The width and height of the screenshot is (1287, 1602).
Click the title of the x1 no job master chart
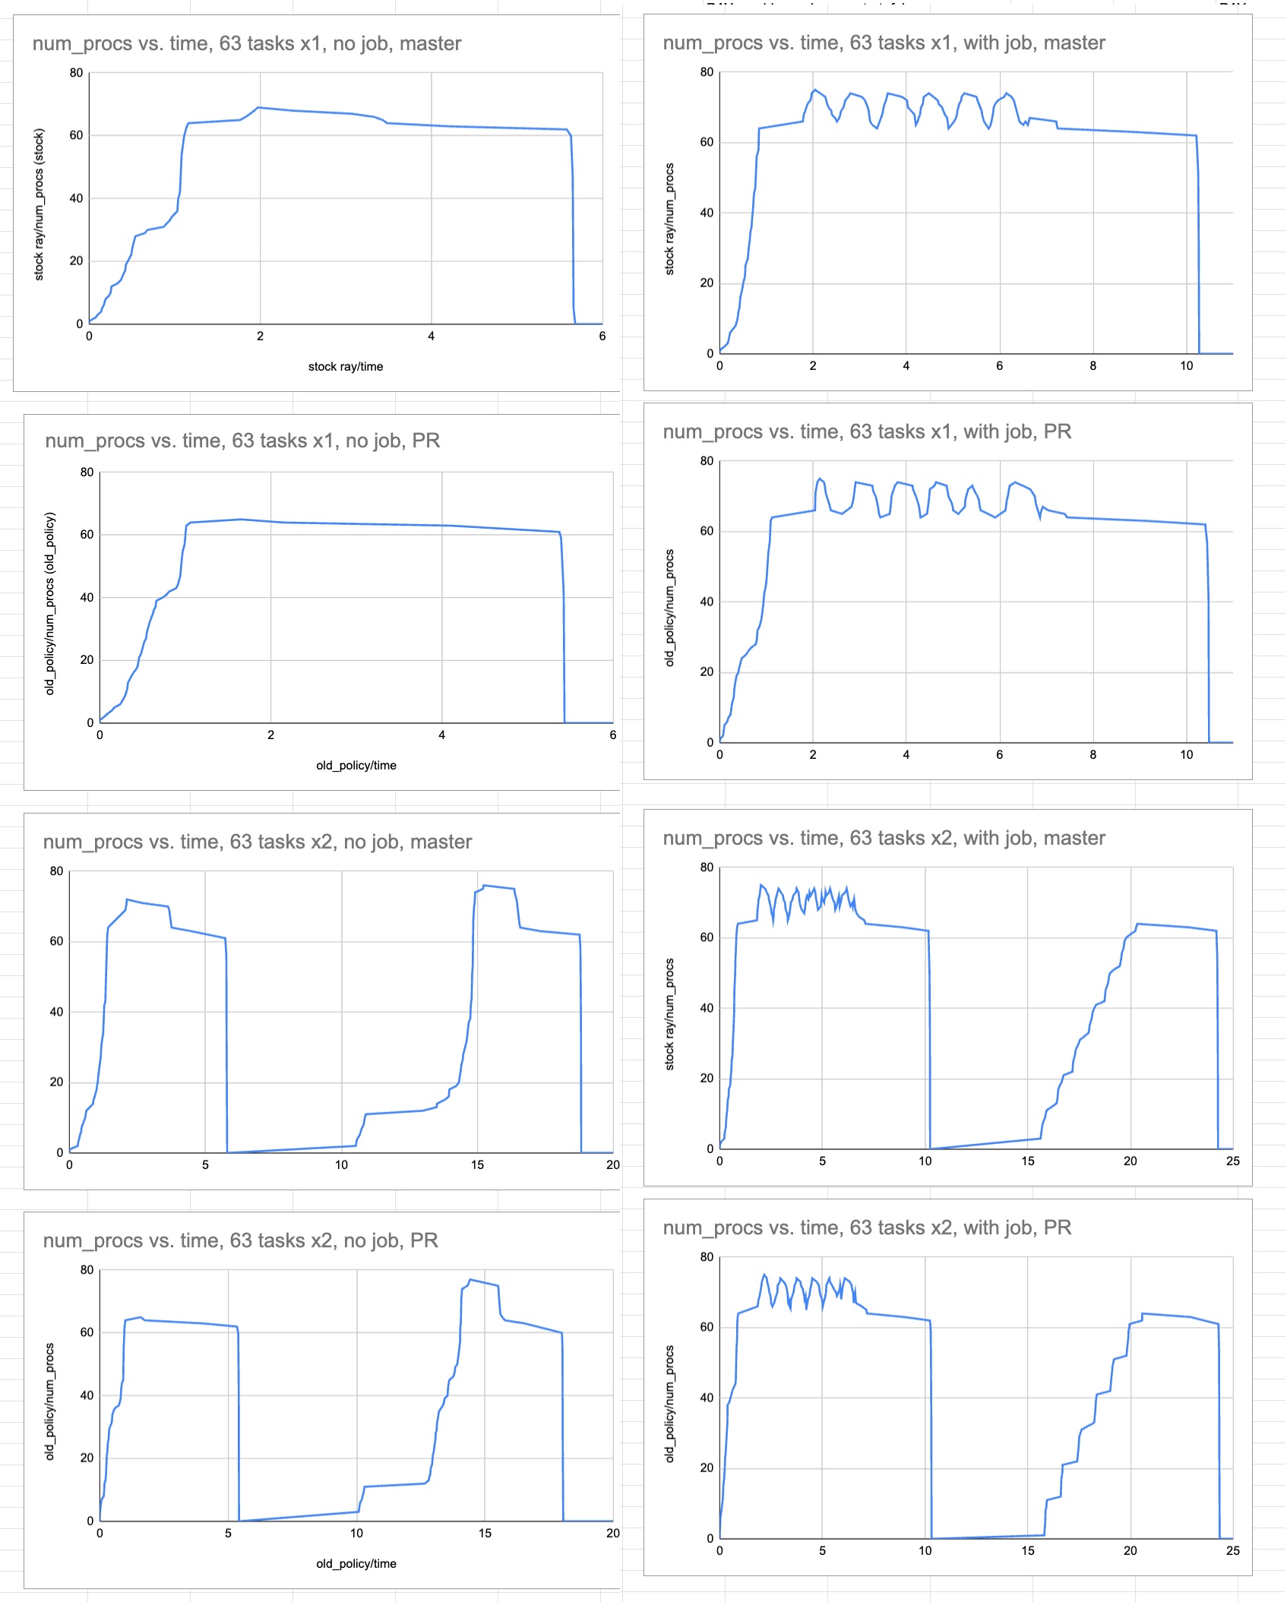point(247,44)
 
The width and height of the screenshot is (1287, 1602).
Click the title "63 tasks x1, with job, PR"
point(867,432)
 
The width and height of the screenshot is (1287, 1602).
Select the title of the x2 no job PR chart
point(240,1240)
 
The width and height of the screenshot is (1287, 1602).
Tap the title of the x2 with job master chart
point(884,839)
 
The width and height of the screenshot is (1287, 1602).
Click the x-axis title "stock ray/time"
point(346,367)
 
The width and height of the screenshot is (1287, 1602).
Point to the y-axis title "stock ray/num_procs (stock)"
point(40,204)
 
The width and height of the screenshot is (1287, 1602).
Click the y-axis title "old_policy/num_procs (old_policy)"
point(50,603)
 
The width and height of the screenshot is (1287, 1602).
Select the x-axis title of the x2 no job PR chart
point(356,1563)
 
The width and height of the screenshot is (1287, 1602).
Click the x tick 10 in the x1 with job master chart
point(1186,366)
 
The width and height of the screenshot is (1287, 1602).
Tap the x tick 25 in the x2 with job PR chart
point(1232,1550)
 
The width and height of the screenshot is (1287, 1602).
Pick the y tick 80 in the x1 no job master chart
point(76,73)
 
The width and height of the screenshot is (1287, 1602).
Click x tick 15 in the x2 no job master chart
point(477,1164)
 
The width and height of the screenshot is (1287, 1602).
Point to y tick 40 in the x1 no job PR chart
point(87,598)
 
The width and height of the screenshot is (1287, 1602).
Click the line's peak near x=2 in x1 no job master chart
point(259,107)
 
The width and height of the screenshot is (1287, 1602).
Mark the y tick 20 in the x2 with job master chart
point(707,1079)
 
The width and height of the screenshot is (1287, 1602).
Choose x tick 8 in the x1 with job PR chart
point(1093,755)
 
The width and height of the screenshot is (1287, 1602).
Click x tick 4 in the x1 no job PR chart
point(442,735)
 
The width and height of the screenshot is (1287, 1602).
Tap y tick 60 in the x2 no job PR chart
point(87,1332)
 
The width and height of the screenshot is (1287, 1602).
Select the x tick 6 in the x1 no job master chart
point(602,337)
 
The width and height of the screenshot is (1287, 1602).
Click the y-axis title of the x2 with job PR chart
point(669,1403)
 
